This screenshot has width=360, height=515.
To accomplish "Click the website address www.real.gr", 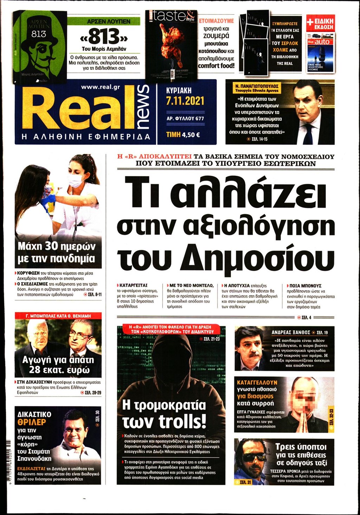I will pos(100,87).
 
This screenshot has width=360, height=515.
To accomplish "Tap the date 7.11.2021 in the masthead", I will pos(185,101).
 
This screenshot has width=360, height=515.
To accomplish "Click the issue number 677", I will pos(199,118).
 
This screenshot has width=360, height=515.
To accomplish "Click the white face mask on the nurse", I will pos(75,180).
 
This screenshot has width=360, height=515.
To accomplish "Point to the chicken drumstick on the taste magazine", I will pos(171,40).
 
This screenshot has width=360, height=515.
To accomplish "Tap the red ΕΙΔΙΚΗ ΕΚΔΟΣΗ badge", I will pos(320,24).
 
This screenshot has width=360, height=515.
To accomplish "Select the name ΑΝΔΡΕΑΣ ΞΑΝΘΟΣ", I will pos(291,332).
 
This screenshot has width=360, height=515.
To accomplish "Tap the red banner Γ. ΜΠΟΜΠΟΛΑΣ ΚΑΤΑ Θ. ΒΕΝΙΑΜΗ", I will pos(58,316).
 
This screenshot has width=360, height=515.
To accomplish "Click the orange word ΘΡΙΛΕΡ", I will pos(32,422).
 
